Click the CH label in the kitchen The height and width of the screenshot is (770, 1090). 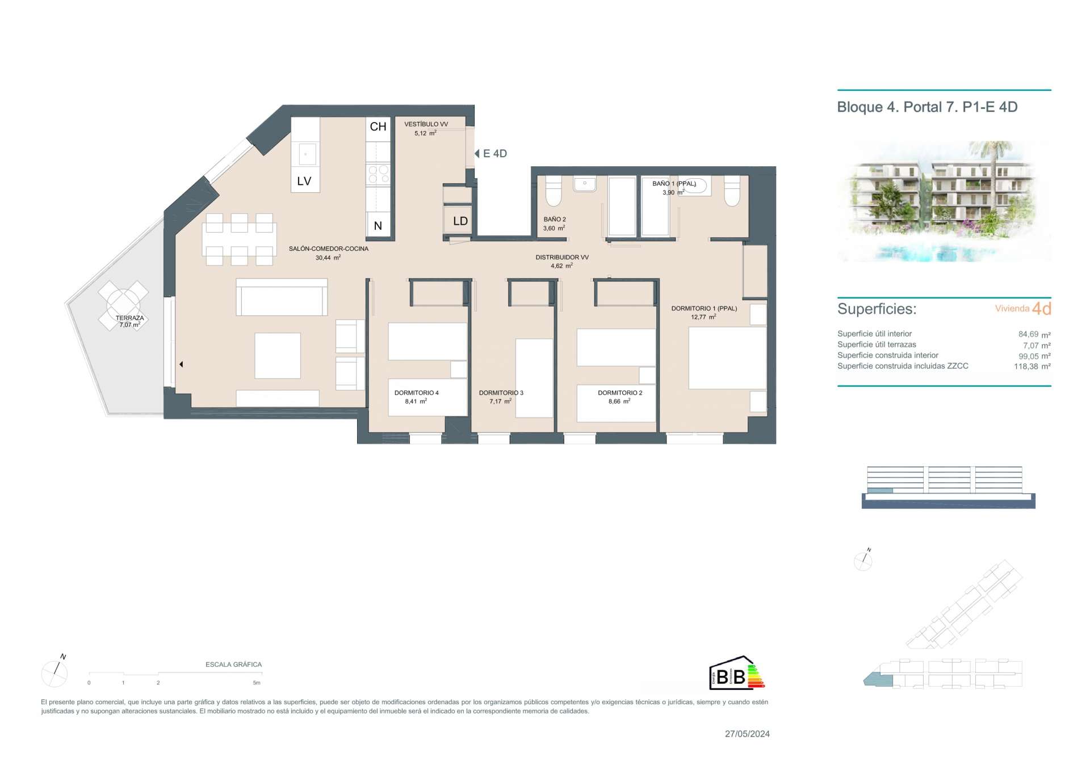(378, 127)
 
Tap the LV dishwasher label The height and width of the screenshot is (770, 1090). (304, 181)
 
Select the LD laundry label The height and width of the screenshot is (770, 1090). (460, 221)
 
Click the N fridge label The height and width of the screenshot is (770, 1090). (378, 226)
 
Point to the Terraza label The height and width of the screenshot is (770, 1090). (129, 318)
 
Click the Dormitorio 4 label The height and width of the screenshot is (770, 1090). (417, 393)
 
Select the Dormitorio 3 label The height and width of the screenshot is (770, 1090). (501, 393)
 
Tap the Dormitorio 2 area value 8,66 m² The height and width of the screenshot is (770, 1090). (619, 401)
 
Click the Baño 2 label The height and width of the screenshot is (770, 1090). (555, 219)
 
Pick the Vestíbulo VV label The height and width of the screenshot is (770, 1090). (426, 124)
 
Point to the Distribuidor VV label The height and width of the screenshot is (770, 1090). (562, 258)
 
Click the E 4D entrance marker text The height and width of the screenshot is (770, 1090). (495, 153)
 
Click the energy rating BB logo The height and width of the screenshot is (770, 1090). (737, 674)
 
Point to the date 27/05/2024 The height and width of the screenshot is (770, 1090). (747, 734)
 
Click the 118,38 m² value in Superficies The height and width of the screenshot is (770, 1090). (1032, 367)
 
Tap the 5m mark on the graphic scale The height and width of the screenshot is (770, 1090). (257, 683)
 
